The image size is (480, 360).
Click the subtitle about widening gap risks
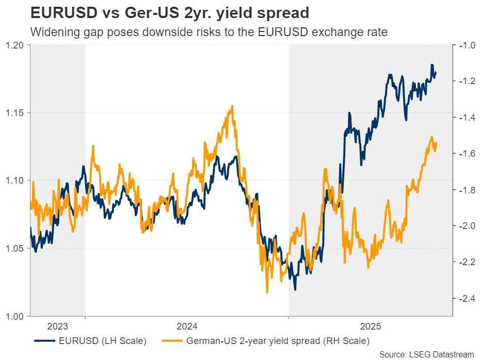click(209, 32)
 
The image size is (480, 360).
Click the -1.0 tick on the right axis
click(465, 45)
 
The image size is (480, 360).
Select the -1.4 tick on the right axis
click(465, 118)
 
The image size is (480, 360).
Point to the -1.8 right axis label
click(465, 190)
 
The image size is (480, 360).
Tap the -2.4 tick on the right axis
click(465, 298)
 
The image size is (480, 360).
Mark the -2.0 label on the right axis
click(465, 226)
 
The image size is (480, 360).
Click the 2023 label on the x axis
click(57, 326)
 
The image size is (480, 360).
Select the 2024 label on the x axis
click(186, 326)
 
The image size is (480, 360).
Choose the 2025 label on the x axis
click(371, 326)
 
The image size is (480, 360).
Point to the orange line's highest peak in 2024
click(232, 106)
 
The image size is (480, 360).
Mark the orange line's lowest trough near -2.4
click(267, 292)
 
